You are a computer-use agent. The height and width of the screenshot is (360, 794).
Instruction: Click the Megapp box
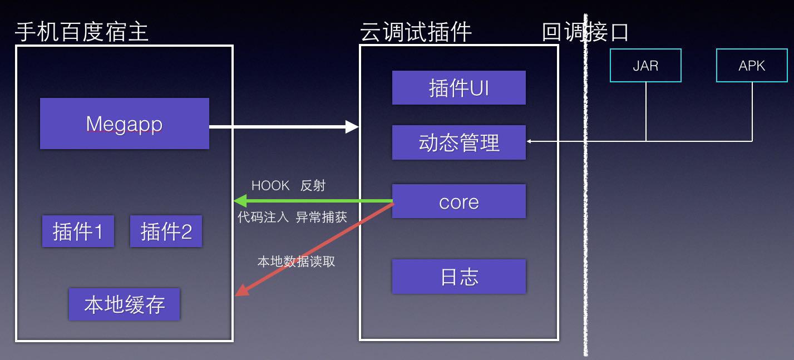click(124, 124)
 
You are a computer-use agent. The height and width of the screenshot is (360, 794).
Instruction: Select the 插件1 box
click(78, 231)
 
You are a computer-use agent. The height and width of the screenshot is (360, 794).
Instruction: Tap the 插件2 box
click(166, 231)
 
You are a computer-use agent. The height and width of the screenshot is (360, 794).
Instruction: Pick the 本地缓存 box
click(124, 304)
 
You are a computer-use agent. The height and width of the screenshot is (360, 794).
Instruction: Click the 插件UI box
click(458, 88)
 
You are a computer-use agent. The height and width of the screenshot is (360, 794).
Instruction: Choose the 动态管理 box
click(458, 142)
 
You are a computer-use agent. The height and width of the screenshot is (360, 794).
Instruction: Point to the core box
click(458, 201)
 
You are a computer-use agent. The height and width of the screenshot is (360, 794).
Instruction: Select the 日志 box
click(458, 277)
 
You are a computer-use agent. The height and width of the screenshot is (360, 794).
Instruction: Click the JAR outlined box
click(645, 66)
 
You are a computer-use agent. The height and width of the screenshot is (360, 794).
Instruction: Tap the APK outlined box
click(751, 66)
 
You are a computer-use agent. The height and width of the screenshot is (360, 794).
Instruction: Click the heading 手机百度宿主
click(82, 32)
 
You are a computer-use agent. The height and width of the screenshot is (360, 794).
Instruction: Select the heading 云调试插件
click(416, 32)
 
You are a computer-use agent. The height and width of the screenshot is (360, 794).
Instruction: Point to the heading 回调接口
click(585, 32)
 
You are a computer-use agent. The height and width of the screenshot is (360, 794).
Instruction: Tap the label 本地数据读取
click(296, 261)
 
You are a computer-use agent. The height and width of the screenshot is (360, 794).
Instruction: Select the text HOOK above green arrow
click(270, 185)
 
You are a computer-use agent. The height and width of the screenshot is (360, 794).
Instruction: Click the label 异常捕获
click(321, 217)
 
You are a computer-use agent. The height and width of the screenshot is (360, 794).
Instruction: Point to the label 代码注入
click(263, 217)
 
